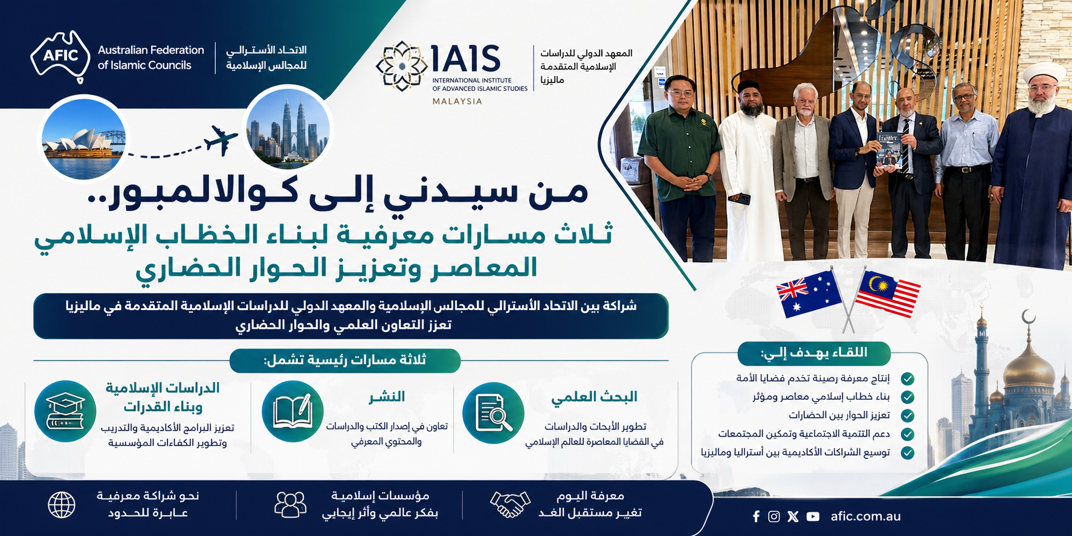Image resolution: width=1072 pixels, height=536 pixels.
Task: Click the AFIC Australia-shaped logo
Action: click(x=60, y=56)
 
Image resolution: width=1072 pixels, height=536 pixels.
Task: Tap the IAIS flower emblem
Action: click(x=401, y=66)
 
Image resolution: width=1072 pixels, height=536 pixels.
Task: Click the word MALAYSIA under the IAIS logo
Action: click(x=457, y=102)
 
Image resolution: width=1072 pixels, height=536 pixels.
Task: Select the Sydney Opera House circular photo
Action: click(x=83, y=138)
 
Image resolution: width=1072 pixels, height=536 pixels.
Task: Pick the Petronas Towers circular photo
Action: click(x=289, y=129)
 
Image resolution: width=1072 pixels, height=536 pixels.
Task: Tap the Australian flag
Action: click(x=809, y=294)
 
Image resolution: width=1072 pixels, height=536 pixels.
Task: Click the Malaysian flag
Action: click(x=889, y=294)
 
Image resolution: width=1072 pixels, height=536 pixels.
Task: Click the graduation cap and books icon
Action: click(x=65, y=411)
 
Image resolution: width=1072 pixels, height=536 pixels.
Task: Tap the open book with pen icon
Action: click(x=292, y=411)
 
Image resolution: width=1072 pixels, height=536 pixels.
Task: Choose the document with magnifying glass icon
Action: click(x=493, y=413)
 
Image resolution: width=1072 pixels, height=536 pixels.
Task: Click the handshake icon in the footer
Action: click(x=510, y=504)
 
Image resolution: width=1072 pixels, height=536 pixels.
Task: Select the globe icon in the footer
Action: click(x=62, y=505)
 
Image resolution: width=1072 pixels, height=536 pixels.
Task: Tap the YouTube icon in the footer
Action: click(x=813, y=517)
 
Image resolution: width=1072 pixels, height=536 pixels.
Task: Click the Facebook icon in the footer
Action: click(x=756, y=517)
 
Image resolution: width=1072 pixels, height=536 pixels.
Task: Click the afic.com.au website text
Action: click(x=865, y=517)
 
